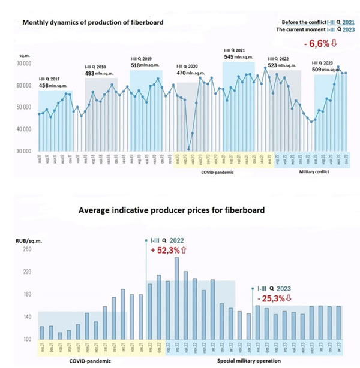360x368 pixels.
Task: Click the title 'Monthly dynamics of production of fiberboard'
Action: click(x=93, y=23)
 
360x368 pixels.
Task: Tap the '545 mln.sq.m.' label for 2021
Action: click(x=237, y=58)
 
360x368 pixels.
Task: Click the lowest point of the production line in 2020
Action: click(x=188, y=149)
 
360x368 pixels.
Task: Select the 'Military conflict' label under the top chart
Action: click(x=317, y=171)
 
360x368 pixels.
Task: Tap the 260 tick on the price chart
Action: click(x=27, y=250)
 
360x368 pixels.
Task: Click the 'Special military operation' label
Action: click(x=248, y=361)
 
